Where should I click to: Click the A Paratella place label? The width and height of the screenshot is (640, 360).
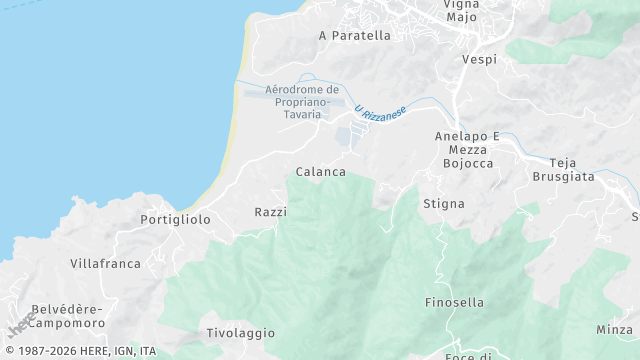[354, 35]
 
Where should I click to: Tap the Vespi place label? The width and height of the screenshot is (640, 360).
[479, 60]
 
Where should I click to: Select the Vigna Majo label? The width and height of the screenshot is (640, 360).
[461, 10]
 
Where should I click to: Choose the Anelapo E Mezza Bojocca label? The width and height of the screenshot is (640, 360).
[467, 148]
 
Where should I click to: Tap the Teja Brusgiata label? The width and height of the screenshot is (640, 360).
[572, 169]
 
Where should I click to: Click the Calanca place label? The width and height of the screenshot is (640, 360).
[320, 172]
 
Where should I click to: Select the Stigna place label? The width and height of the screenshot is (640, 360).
[444, 204]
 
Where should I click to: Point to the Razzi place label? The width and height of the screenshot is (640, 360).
[271, 212]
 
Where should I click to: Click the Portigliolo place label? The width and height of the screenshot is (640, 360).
[175, 219]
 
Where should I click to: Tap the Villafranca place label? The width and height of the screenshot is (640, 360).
[105, 263]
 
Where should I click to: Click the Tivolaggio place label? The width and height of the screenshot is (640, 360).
[240, 332]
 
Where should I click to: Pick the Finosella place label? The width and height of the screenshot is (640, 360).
[454, 302]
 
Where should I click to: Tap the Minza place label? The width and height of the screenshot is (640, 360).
[614, 329]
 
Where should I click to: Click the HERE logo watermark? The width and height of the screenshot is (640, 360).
[22, 323]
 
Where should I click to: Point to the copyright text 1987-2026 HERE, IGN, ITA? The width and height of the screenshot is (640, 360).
[80, 352]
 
